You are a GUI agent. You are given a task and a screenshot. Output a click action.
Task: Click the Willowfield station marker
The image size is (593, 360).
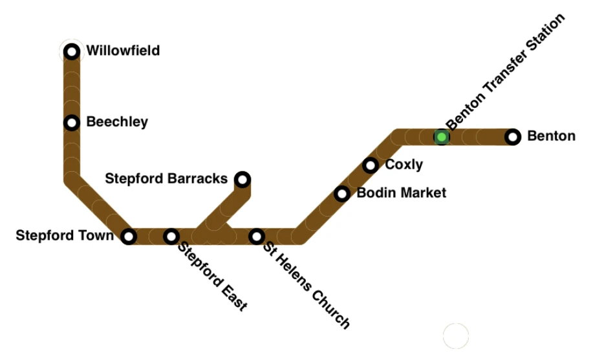pyautogui.click(x=72, y=51)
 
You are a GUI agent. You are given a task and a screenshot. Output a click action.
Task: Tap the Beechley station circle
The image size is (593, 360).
pyautogui.click(x=72, y=122)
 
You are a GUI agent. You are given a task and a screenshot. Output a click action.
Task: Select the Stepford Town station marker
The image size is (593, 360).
pyautogui.click(x=129, y=237)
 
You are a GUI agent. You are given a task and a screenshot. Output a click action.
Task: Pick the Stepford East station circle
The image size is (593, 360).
pyautogui.click(x=171, y=237)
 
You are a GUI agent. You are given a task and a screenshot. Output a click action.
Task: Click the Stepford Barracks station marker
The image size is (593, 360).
pyautogui.click(x=243, y=179)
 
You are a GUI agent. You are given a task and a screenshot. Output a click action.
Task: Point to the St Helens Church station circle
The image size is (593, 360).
pyautogui.click(x=257, y=237)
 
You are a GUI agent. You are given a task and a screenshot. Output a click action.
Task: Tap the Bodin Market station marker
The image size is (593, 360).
pyautogui.click(x=342, y=194)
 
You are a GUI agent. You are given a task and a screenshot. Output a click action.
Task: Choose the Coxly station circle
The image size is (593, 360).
pyautogui.click(x=371, y=165)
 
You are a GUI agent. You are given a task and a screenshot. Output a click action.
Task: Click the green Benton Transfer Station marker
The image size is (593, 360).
pyautogui.click(x=442, y=137)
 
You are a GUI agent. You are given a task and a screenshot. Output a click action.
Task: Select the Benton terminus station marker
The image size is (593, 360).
pyautogui.click(x=513, y=137)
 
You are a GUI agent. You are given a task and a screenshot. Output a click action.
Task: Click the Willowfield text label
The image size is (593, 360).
pyautogui.click(x=123, y=50)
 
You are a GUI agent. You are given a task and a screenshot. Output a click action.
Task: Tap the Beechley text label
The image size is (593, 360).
pyautogui.click(x=117, y=122)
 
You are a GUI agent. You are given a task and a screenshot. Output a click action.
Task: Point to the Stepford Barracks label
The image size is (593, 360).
pyautogui.click(x=166, y=178)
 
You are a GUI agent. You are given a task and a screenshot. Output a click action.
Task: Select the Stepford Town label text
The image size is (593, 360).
pyautogui.click(x=65, y=236)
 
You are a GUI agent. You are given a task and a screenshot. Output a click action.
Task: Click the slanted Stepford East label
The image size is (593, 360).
pyautogui.click(x=213, y=277)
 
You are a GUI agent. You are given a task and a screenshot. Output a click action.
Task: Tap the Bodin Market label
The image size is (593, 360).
pyautogui.click(x=402, y=193)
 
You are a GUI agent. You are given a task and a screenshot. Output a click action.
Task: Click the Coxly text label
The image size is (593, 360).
pyautogui.click(x=404, y=165)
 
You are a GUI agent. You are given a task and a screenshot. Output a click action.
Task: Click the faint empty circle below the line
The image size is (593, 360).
pyautogui.click(x=455, y=335)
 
